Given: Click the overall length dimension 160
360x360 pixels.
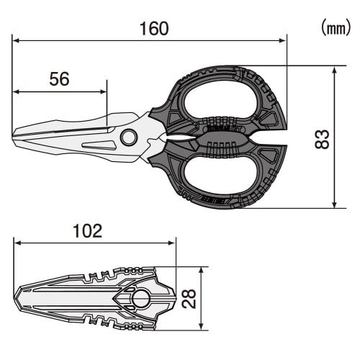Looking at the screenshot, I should pos(153,28).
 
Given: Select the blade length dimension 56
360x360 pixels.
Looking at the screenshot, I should pos(59,79).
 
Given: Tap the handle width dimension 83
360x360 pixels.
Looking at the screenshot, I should pos(323,138).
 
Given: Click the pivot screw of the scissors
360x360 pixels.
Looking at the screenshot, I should pos(129,137).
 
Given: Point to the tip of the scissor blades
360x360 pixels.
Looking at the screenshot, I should pos(15,135).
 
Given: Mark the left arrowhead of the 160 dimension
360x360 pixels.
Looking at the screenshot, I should pos(16,40).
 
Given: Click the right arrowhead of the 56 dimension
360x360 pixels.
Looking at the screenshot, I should pos(104,91).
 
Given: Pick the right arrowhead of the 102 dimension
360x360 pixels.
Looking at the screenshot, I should pos(173,243).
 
